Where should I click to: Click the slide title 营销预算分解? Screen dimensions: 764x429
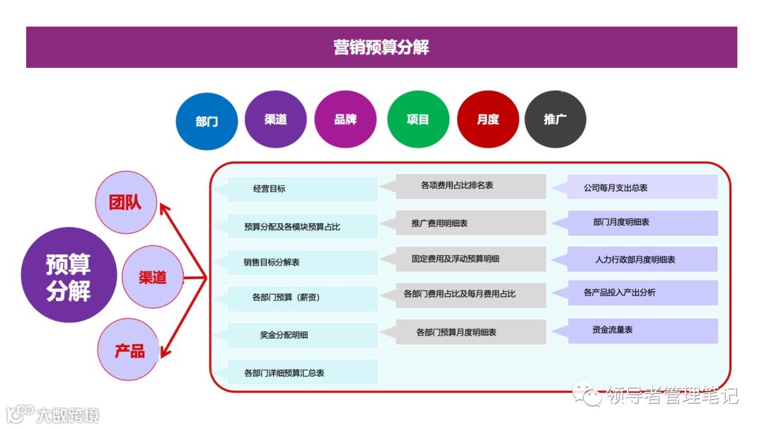(x=381, y=47)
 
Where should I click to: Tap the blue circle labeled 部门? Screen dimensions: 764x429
(x=207, y=121)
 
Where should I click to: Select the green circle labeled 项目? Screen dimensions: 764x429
(x=418, y=119)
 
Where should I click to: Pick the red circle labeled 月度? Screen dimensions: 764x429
(x=487, y=119)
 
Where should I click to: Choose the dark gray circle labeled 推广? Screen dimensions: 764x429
(x=555, y=119)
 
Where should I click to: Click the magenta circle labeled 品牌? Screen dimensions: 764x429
(x=345, y=119)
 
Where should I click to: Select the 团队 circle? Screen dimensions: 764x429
(x=126, y=203)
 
